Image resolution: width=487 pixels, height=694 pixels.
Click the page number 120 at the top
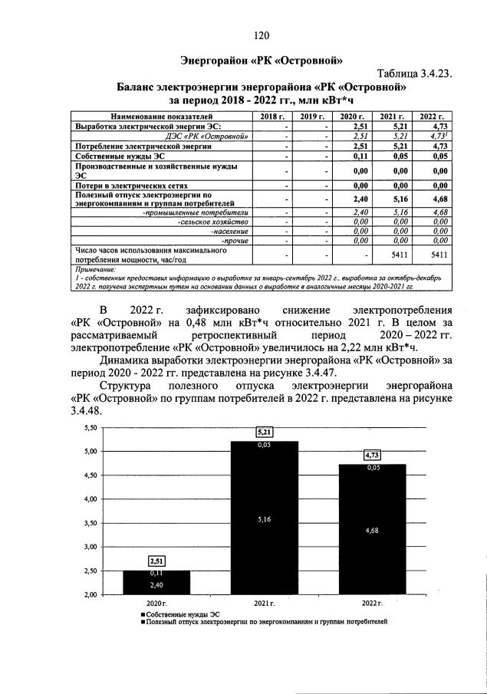261,35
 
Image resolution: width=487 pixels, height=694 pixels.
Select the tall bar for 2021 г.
263,518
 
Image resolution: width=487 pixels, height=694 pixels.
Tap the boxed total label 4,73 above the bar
373,456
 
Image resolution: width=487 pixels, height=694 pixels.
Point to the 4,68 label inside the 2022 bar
373,530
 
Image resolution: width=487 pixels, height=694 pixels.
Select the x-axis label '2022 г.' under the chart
373,604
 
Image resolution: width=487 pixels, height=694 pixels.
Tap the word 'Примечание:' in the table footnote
95,270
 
